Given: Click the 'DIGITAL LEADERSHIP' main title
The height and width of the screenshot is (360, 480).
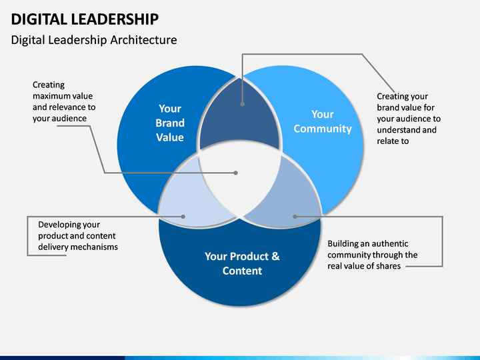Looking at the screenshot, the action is [85, 19].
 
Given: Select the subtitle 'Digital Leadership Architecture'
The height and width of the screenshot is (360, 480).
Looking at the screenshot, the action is [94, 40].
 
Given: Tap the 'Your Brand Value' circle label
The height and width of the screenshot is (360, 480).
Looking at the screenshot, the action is [170, 123].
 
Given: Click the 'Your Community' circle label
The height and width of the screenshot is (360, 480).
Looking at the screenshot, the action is [323, 121].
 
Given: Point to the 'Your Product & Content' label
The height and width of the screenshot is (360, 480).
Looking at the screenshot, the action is [242, 263].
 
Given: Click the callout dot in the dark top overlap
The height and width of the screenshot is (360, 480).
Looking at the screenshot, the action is [243, 104].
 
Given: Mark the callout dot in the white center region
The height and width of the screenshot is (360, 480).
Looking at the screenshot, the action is [236, 173].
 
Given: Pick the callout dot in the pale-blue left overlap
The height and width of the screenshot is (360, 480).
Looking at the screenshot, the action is [183, 217].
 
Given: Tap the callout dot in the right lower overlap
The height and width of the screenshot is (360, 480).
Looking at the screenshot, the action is [295, 217].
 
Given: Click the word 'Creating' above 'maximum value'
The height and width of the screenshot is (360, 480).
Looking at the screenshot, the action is [49, 85].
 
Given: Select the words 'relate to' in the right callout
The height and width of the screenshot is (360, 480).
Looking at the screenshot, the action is [393, 141].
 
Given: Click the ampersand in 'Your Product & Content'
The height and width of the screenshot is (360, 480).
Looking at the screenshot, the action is [275, 256].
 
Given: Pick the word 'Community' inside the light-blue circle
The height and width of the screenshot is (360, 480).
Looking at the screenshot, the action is [323, 129].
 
